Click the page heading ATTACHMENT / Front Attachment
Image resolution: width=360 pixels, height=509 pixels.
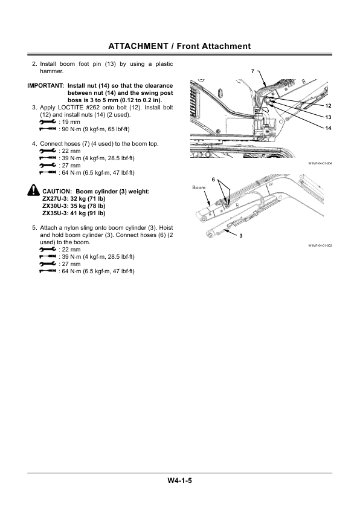[x=179, y=46]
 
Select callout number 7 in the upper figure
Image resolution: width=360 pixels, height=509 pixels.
[x=253, y=72]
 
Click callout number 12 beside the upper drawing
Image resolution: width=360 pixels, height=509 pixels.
[x=328, y=106]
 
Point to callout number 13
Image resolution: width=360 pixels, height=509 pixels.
[x=328, y=117]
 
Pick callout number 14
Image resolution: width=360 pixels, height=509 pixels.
[x=328, y=128]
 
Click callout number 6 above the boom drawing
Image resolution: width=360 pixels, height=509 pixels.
[x=213, y=180]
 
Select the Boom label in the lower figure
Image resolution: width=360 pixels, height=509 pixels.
[x=199, y=188]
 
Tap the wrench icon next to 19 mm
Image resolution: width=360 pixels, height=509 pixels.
[x=47, y=122]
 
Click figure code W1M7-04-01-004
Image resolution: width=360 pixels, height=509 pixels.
[x=320, y=163]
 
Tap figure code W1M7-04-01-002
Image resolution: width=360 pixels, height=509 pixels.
[x=320, y=246]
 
